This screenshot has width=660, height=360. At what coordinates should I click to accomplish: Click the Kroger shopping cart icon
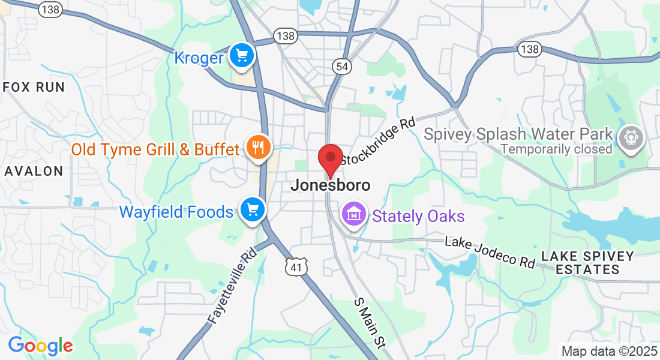pyautogui.click(x=242, y=56)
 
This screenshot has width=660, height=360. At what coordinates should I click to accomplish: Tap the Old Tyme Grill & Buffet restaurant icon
pyautogui.click(x=259, y=147)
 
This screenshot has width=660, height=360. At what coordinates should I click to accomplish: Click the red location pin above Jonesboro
pyautogui.click(x=329, y=159)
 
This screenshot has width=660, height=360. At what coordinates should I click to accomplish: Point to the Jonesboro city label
pyautogui.click(x=330, y=185)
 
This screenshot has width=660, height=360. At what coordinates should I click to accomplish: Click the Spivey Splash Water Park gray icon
pyautogui.click(x=631, y=137)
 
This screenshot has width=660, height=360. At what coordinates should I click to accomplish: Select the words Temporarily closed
pyautogui.click(x=557, y=148)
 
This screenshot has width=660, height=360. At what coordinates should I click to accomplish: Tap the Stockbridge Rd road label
pyautogui.click(x=377, y=141)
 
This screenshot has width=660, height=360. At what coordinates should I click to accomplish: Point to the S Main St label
pyautogui.click(x=369, y=322)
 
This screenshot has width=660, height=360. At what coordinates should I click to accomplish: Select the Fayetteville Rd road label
pyautogui.click(x=233, y=286)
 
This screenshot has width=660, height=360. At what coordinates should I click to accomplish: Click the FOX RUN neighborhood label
pyautogui.click(x=34, y=87)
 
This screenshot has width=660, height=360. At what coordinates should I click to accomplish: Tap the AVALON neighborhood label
pyautogui.click(x=34, y=171)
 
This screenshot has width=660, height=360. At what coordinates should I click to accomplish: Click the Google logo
pyautogui.click(x=40, y=346)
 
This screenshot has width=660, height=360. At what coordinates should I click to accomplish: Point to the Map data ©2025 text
pyautogui.click(x=608, y=351)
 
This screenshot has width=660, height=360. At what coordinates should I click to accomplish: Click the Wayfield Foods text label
pyautogui.click(x=176, y=212)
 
